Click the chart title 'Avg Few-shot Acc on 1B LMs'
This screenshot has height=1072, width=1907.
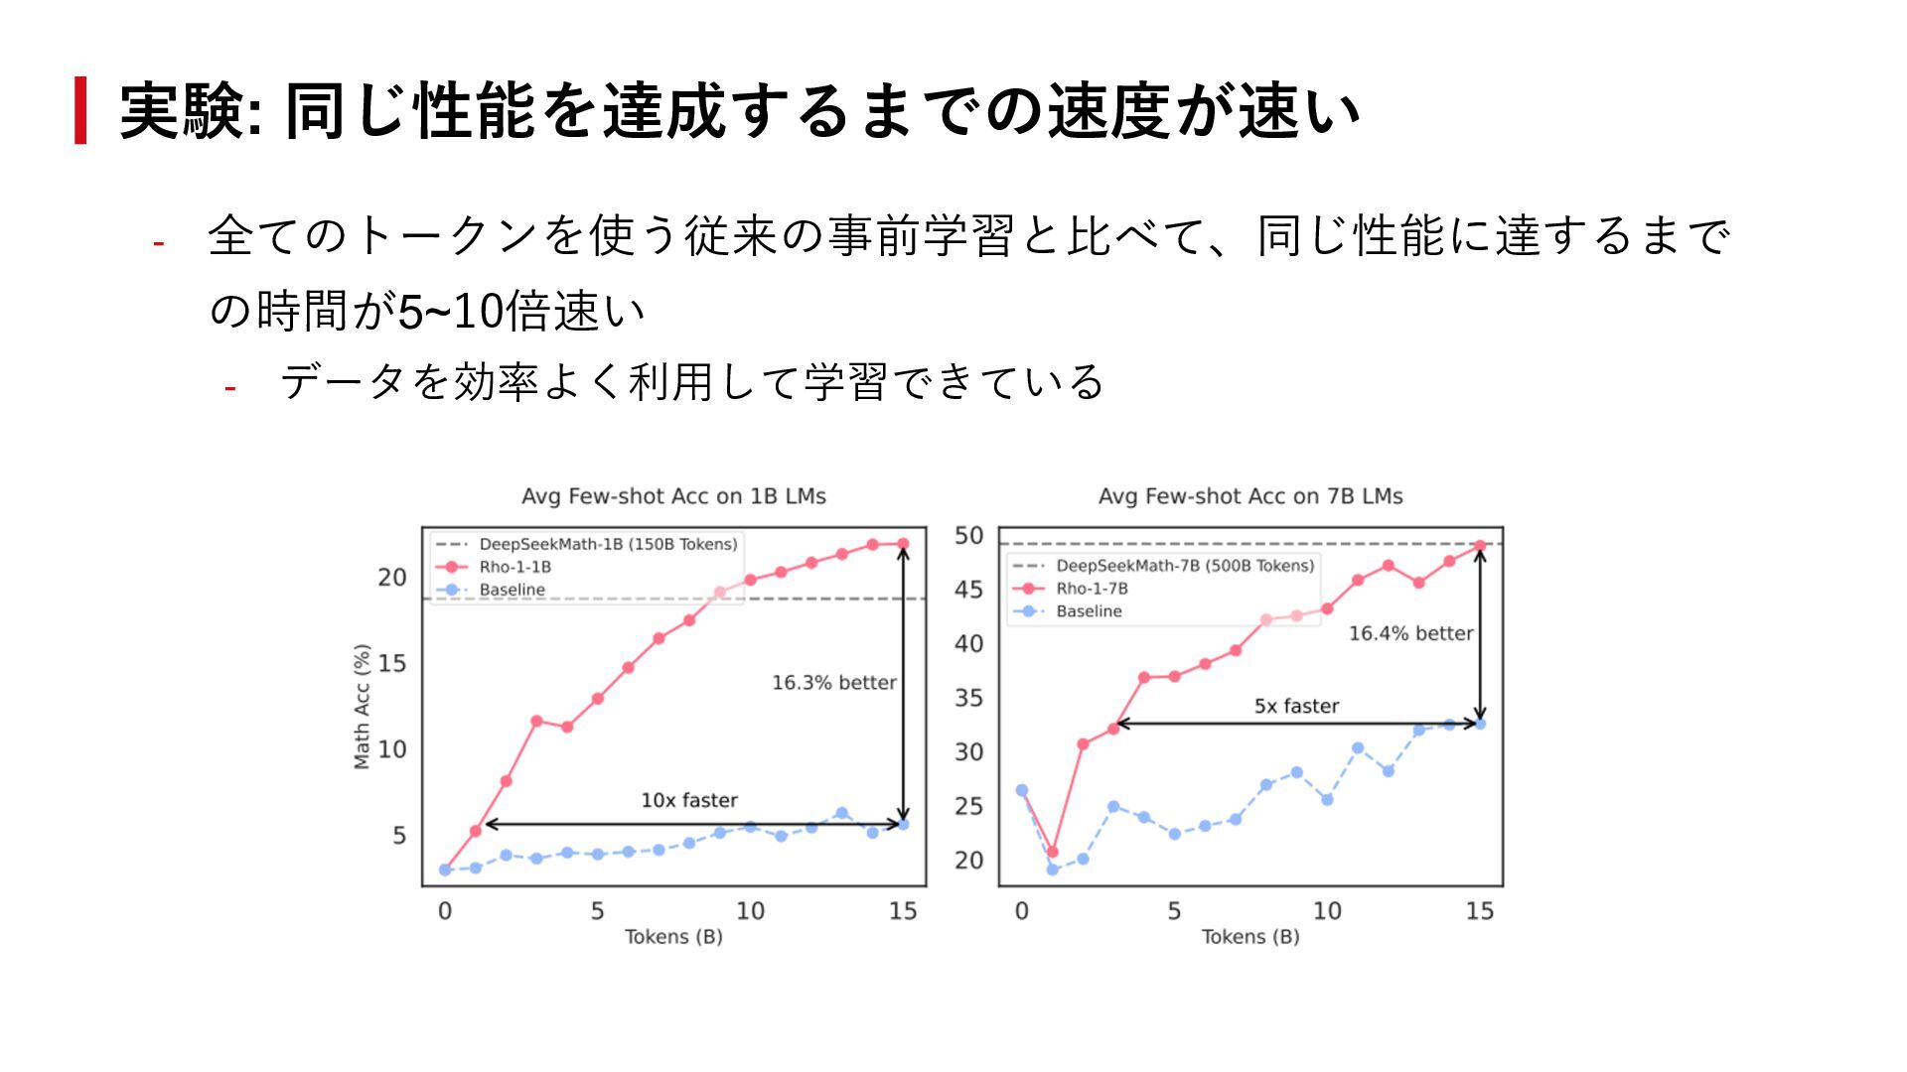[x=673, y=496]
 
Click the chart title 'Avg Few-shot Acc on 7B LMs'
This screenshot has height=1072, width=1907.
[x=1250, y=496]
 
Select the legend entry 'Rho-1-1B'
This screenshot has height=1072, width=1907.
[x=514, y=567]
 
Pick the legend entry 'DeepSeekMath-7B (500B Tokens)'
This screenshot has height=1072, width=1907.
[x=1184, y=566]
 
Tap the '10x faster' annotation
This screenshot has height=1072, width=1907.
[x=689, y=800]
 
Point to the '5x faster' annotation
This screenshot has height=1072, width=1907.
[x=1296, y=706]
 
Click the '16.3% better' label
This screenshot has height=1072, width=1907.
[x=833, y=683]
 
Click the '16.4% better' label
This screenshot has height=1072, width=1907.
[x=1410, y=633]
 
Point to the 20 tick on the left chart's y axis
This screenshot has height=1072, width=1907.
[x=392, y=578]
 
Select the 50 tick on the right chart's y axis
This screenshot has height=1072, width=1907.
[x=968, y=536]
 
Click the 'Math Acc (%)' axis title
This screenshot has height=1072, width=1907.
[x=363, y=706]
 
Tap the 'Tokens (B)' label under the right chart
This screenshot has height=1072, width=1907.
[x=1250, y=937]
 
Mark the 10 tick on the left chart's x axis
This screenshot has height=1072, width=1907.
[x=750, y=911]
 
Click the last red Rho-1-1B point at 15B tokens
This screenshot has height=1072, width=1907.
[x=903, y=544]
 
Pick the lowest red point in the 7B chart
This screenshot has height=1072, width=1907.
[x=1053, y=852]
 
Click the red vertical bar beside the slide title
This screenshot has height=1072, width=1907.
[x=80, y=110]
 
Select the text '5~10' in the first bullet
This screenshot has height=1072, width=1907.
[x=451, y=312]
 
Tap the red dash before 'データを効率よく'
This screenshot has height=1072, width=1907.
[x=230, y=388]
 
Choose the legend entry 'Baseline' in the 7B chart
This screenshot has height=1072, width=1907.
[x=1089, y=611]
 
